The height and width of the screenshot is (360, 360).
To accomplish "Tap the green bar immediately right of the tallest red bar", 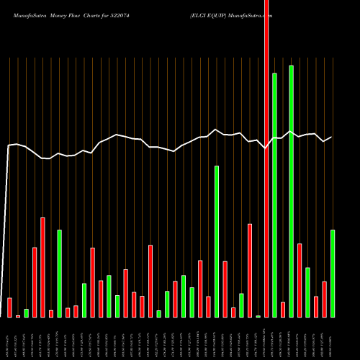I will [x=275, y=194].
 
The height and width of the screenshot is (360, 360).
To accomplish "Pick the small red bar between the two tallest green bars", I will [x=283, y=310].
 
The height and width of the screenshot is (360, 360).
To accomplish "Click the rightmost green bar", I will [x=333, y=274].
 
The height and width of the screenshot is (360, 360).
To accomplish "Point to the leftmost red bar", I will [x=9, y=307].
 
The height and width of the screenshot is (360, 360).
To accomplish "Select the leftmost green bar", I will [x=27, y=313].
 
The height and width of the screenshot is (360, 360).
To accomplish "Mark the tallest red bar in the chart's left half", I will [x=43, y=267].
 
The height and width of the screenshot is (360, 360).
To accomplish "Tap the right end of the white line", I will [x=332, y=137].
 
